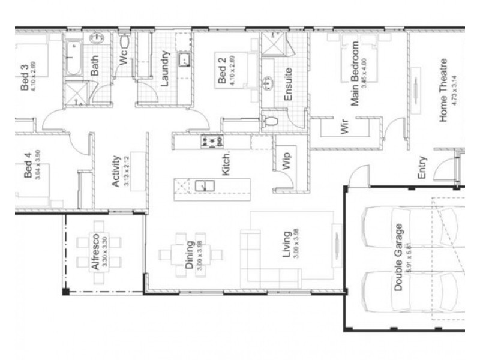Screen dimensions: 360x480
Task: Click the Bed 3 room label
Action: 25,79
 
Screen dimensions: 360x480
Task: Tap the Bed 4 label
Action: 27,167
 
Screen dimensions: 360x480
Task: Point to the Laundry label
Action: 166,67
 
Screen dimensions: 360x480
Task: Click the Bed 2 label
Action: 221,71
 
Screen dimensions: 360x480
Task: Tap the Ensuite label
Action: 289,84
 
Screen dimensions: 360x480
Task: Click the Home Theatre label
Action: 444,90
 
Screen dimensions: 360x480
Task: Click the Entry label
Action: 422,168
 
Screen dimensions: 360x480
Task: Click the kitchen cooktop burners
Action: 212,142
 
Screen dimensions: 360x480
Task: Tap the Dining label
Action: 189,256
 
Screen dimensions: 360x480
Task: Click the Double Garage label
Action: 399,258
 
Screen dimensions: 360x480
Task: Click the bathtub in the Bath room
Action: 74,58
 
